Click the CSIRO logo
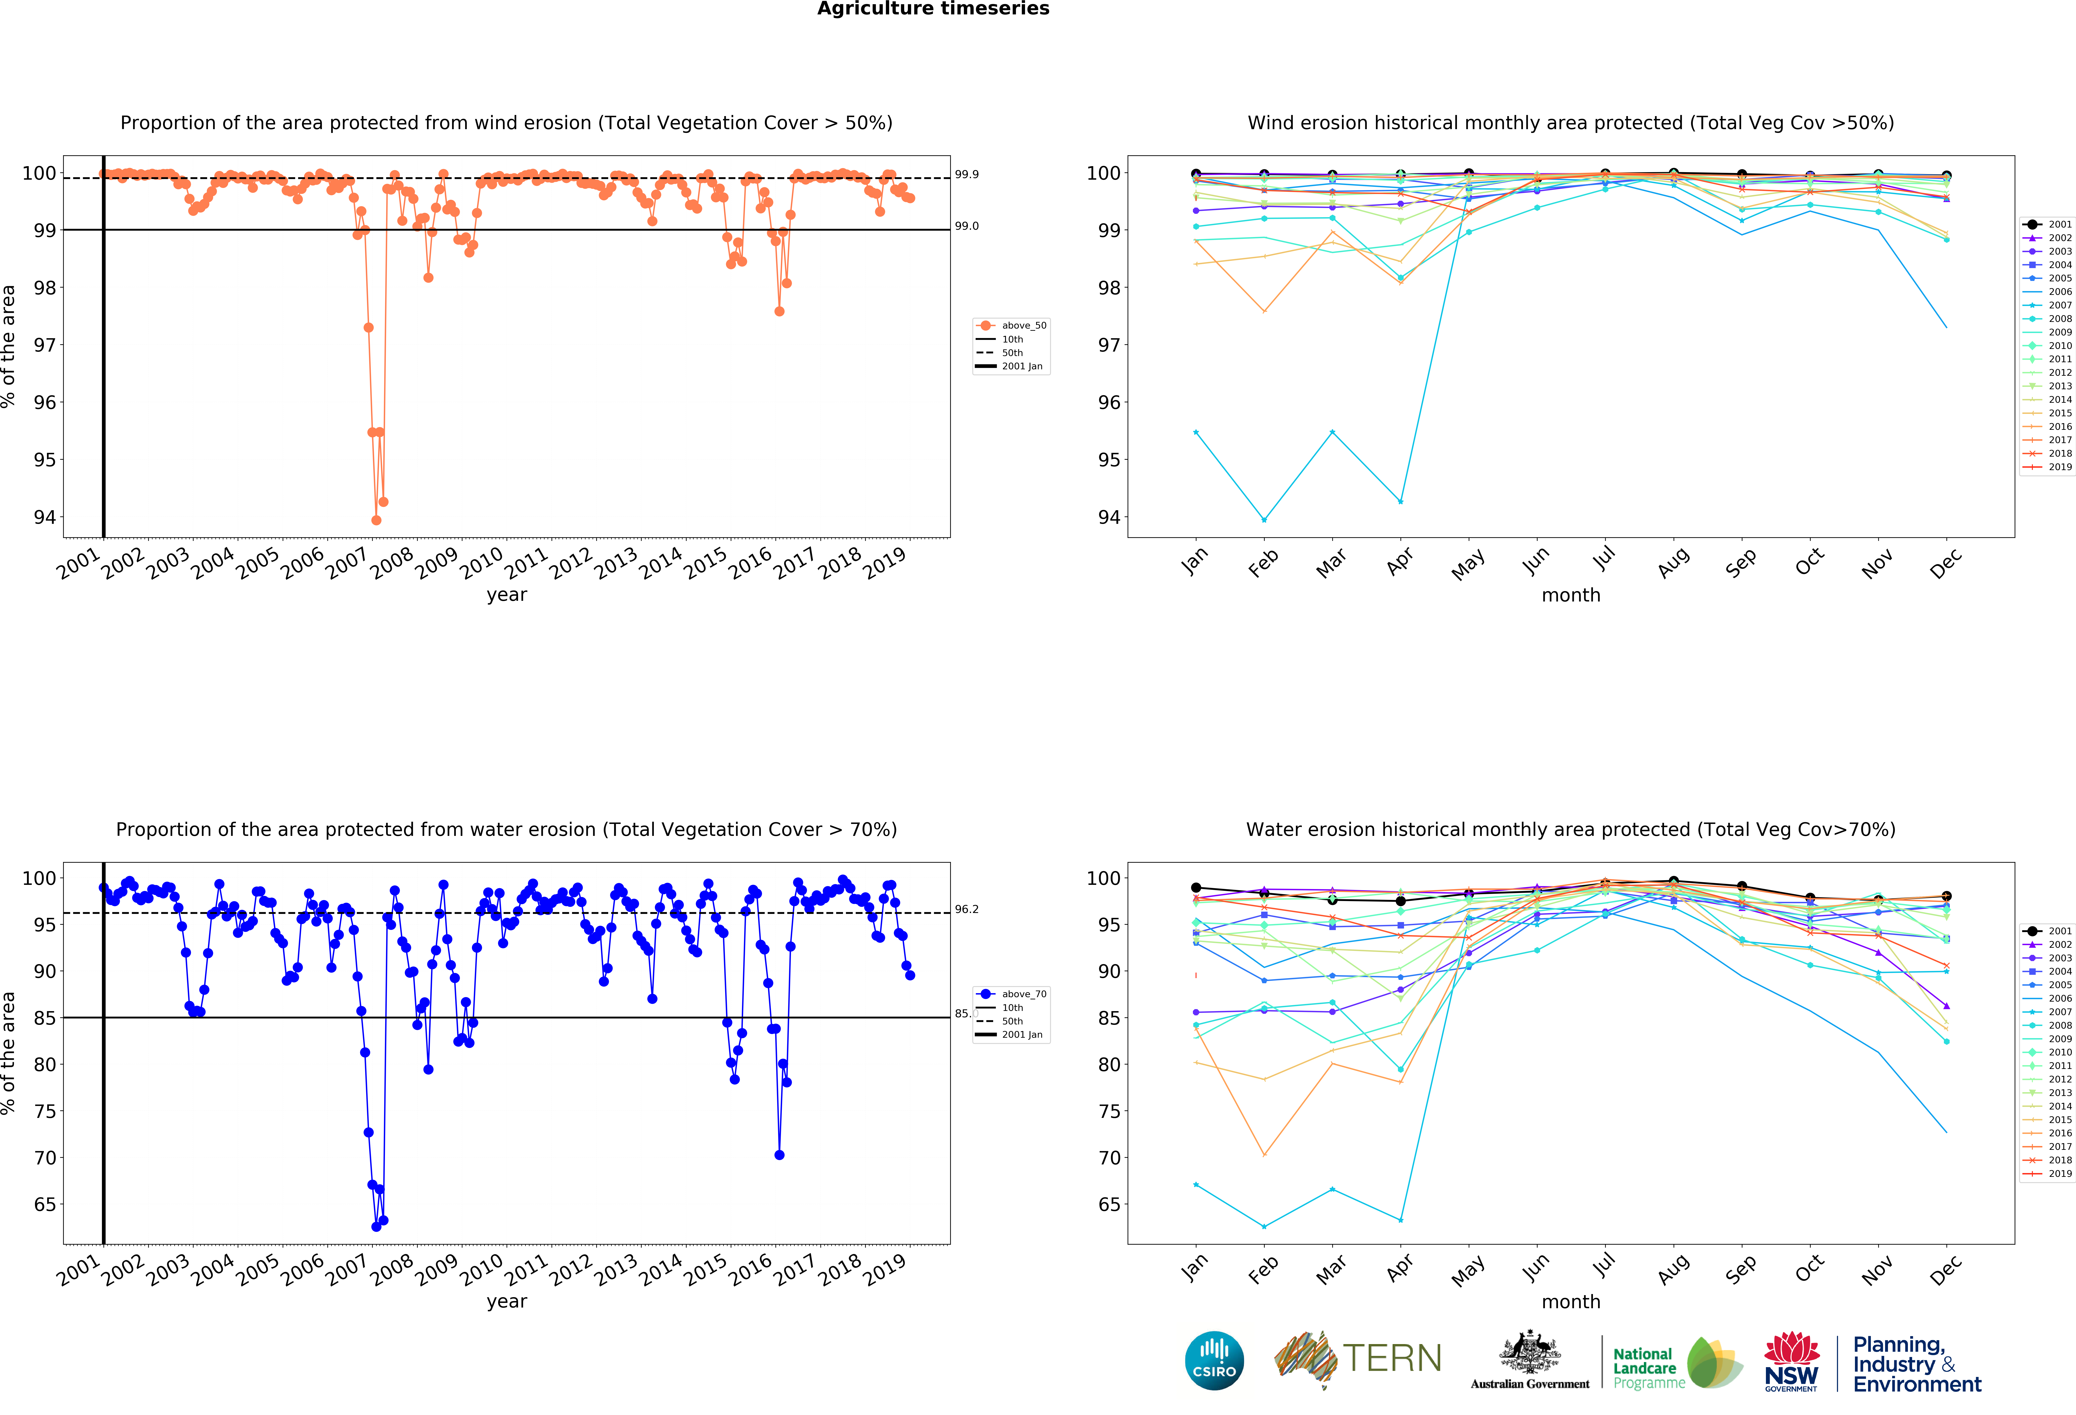tap(1214, 1361)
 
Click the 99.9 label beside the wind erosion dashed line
tap(967, 174)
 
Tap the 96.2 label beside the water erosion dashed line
tap(967, 909)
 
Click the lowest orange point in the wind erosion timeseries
tap(376, 520)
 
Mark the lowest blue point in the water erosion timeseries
tap(376, 1226)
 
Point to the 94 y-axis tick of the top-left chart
tap(45, 517)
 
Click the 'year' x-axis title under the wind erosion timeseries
tap(507, 595)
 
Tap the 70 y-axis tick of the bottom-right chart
tap(1108, 1158)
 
